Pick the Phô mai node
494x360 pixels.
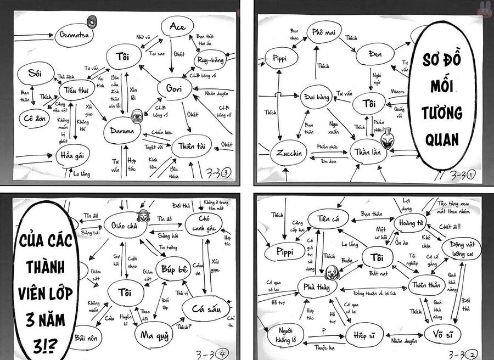pos(324,32)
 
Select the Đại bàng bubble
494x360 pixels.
pos(317,97)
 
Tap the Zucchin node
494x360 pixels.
pos(289,154)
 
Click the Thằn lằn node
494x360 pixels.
pos(367,151)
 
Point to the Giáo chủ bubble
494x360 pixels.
pos(125,224)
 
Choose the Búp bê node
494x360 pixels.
pos(176,269)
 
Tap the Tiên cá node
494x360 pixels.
pos(328,219)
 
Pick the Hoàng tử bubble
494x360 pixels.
pos(410,223)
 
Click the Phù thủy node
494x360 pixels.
pos(316,287)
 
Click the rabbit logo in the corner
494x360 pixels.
pos(485,8)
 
